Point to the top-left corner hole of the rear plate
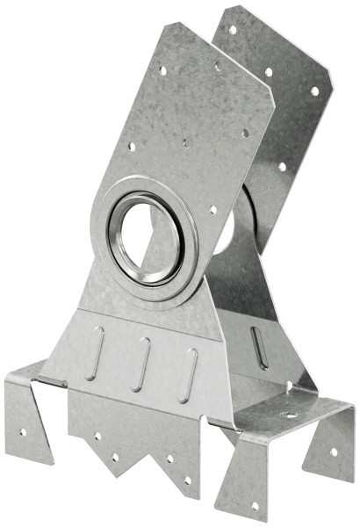tap(232, 29)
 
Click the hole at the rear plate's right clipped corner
tap(314, 90)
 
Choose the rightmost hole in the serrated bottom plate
tap(186, 480)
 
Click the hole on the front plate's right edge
tap(245, 133)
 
